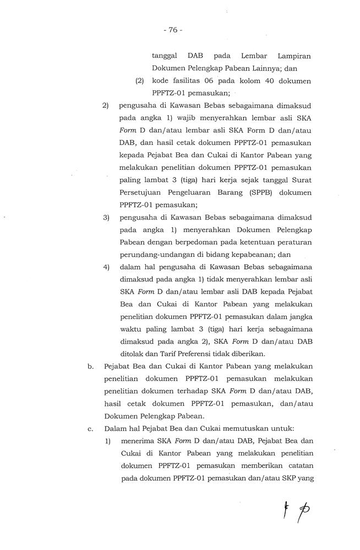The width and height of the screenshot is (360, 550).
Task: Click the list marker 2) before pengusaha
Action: coord(107,106)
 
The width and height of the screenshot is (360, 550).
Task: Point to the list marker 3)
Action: coord(107,218)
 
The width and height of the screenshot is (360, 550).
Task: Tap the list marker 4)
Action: coord(107,267)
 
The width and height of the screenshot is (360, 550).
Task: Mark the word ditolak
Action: coord(130,354)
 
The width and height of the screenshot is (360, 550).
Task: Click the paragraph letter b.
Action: coord(91,366)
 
